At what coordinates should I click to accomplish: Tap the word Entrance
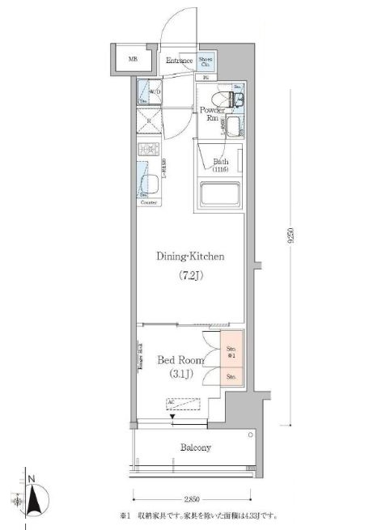coord(179,61)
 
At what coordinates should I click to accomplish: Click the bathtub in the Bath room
coord(222,196)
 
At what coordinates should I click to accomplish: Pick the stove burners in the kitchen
coord(149,151)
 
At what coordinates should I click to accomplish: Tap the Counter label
coord(149,202)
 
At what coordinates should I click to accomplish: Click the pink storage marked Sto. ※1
coord(231,351)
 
